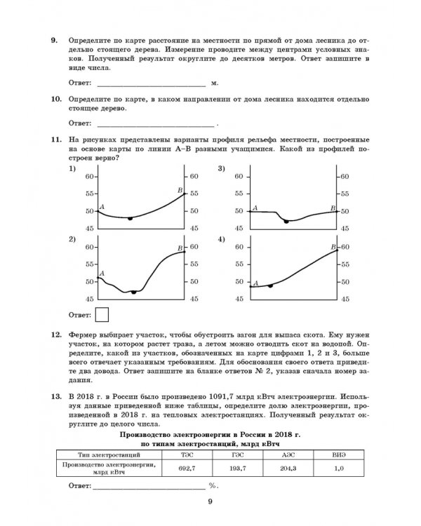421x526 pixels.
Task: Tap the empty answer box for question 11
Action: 101,314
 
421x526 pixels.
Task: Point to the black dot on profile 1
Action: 130,218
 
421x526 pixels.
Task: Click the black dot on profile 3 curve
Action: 286,221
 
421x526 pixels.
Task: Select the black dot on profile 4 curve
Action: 271,286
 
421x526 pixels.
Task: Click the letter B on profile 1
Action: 180,190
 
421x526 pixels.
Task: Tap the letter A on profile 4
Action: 255,282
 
